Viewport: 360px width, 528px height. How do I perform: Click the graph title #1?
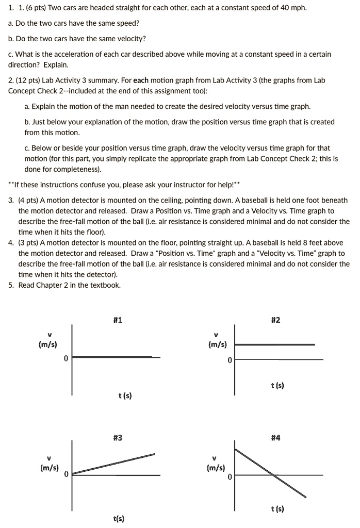click(x=118, y=320)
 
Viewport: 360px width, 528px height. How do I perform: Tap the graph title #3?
click(x=118, y=438)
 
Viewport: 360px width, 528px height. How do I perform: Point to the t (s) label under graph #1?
click(x=124, y=395)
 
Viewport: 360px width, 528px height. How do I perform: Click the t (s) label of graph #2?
click(x=278, y=385)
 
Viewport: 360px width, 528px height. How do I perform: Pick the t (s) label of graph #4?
click(x=278, y=509)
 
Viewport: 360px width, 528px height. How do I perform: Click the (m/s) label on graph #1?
click(x=48, y=344)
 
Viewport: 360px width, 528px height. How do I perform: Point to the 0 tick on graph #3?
click(x=67, y=474)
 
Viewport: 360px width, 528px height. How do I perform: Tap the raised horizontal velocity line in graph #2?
click(x=279, y=344)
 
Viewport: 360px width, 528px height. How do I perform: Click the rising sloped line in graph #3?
click(x=113, y=464)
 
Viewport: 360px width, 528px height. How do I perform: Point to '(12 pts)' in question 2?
click(x=30, y=80)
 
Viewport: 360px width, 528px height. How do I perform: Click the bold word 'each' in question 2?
click(x=141, y=80)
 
